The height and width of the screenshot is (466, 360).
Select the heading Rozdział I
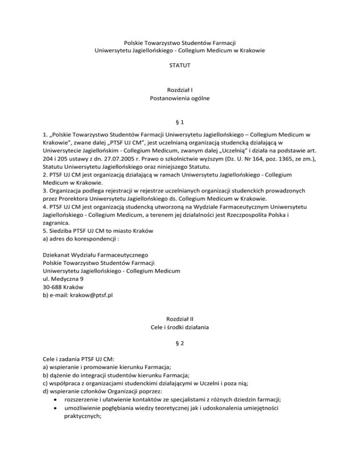180,89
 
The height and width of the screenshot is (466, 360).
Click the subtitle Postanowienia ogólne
180,98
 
